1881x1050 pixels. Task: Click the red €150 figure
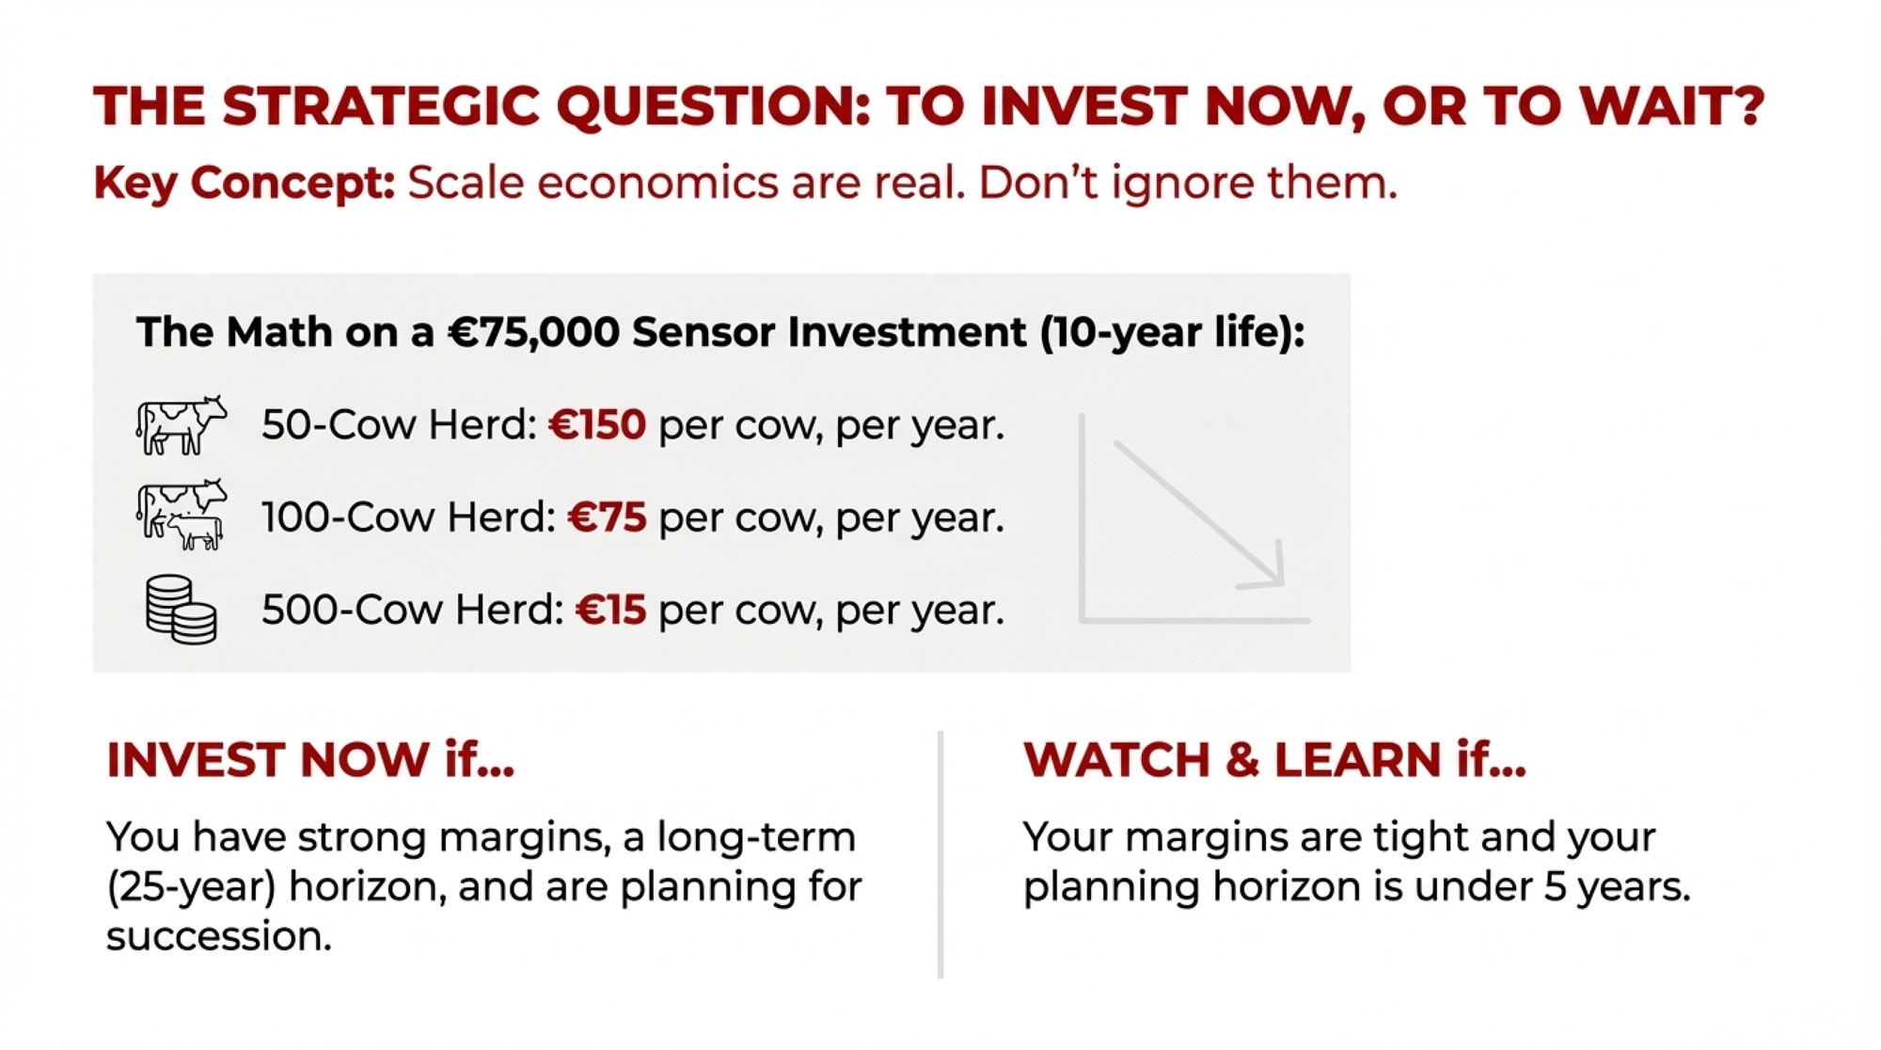pyautogui.click(x=597, y=425)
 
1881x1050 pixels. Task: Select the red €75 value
pyautogui.click(x=608, y=517)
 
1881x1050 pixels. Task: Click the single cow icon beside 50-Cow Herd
pyautogui.click(x=182, y=425)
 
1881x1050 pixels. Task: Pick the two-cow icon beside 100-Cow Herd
pyautogui.click(x=182, y=515)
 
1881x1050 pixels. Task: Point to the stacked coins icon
pyautogui.click(x=182, y=610)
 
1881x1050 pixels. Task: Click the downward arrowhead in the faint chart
pyautogui.click(x=1265, y=567)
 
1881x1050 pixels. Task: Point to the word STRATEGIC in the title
pyautogui.click(x=381, y=105)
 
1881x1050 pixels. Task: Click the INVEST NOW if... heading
pyautogui.click(x=310, y=759)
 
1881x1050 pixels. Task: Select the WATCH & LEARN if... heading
pyautogui.click(x=1274, y=759)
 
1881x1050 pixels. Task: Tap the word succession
pyautogui.click(x=218, y=936)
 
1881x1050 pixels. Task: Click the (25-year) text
pyautogui.click(x=191, y=887)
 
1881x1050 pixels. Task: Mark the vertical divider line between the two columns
pyautogui.click(x=940, y=854)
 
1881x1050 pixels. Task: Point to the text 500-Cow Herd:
pyautogui.click(x=413, y=610)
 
